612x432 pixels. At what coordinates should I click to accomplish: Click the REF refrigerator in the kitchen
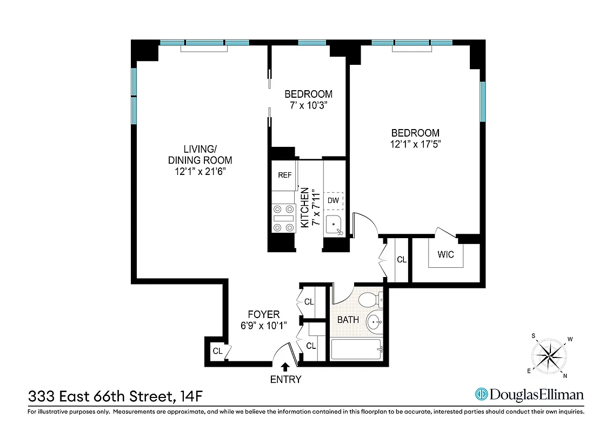[x=284, y=175]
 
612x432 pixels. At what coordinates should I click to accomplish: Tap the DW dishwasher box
[x=334, y=200]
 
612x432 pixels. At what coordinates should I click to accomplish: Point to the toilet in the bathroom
[x=370, y=299]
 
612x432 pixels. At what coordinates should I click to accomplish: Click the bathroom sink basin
[x=374, y=323]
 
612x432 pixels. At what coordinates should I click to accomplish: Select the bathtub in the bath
[x=356, y=350]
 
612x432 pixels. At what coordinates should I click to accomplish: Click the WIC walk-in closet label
[x=447, y=254]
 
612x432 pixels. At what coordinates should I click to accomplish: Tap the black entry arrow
[x=285, y=367]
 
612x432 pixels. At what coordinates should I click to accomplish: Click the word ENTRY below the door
[x=285, y=380]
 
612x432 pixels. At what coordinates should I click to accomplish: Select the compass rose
[x=549, y=355]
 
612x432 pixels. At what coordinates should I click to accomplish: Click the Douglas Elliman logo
[x=529, y=395]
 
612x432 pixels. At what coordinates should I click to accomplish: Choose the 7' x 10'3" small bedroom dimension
[x=308, y=105]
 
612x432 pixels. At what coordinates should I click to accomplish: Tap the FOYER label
[x=263, y=314]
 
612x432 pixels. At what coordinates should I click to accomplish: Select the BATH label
[x=348, y=320]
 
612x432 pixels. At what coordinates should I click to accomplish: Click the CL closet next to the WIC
[x=401, y=260]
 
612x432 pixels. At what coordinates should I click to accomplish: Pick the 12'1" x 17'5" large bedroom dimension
[x=415, y=144]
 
